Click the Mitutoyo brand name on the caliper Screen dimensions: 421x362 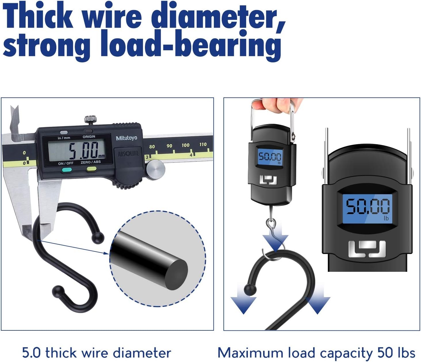(126, 138)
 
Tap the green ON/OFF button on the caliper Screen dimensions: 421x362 (67, 170)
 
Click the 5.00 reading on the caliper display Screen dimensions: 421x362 (84, 151)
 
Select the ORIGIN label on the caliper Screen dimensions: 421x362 (89, 136)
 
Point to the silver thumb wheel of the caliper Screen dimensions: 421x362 (156, 170)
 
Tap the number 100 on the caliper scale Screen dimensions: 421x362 (185, 145)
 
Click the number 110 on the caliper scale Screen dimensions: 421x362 (203, 145)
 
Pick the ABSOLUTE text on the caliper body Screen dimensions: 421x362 (129, 154)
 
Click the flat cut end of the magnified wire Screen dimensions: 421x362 (176, 275)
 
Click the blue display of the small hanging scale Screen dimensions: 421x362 (270, 157)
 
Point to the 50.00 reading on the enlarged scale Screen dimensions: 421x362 (368, 206)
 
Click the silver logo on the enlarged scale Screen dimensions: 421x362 (367, 249)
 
